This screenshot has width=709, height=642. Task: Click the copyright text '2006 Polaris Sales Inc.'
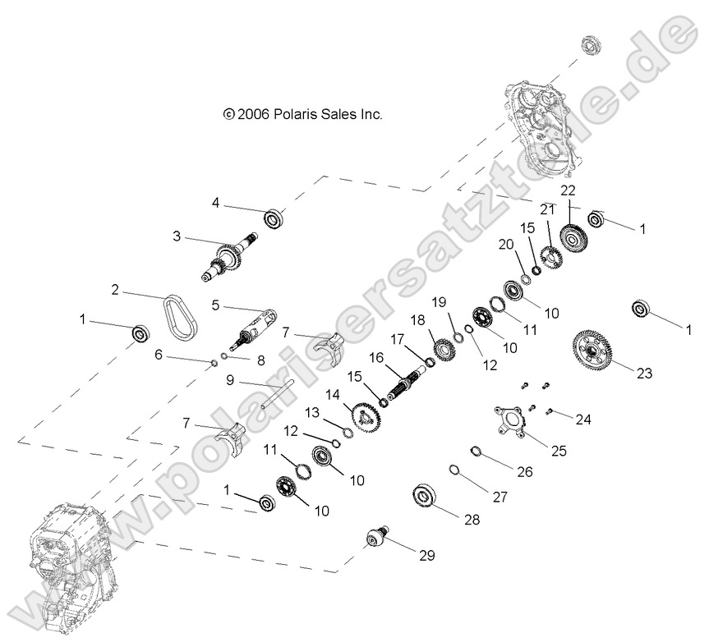303,115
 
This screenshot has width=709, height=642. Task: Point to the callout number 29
426,556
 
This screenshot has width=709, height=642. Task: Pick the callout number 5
215,305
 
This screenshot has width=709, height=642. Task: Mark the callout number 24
582,420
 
